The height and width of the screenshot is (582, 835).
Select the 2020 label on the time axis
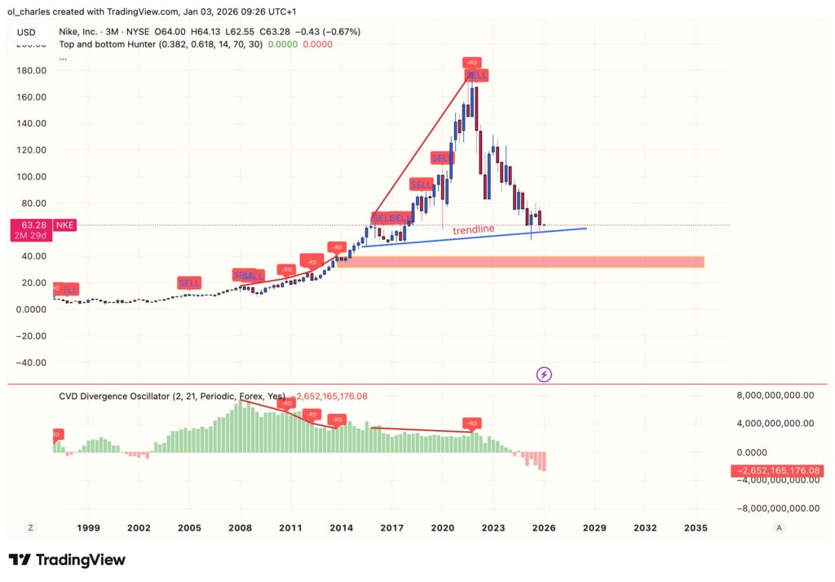click(x=443, y=527)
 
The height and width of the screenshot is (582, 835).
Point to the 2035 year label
click(x=696, y=527)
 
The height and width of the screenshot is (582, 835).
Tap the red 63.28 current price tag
click(x=30, y=224)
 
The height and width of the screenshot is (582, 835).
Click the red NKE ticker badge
click(x=64, y=224)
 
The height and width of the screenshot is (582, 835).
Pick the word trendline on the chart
click(x=474, y=230)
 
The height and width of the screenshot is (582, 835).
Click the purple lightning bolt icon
click(x=545, y=374)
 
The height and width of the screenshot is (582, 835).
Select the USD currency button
click(x=27, y=32)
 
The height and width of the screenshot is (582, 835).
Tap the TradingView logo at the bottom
click(x=67, y=560)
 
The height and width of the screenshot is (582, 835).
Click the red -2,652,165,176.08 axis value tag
click(x=782, y=471)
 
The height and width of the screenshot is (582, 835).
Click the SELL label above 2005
click(x=189, y=282)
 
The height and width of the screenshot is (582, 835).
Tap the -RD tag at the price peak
click(x=471, y=62)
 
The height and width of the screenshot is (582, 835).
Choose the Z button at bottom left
click(x=30, y=527)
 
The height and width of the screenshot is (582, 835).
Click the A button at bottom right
click(x=780, y=527)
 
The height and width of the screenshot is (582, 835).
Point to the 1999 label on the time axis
click(x=88, y=527)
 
